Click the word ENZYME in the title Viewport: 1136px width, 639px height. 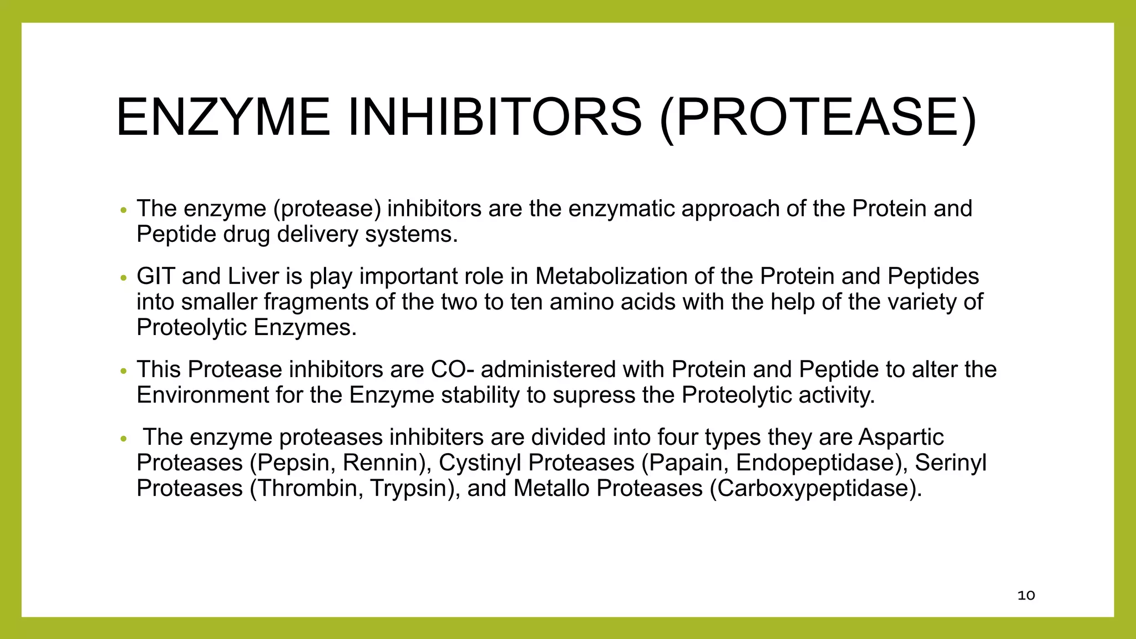click(223, 118)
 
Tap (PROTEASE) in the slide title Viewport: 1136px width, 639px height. click(818, 118)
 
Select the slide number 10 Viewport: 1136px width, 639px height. click(1026, 596)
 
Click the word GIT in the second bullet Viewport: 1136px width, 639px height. click(155, 276)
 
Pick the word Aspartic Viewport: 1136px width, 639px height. click(901, 437)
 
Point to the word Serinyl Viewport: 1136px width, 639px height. click(950, 463)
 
